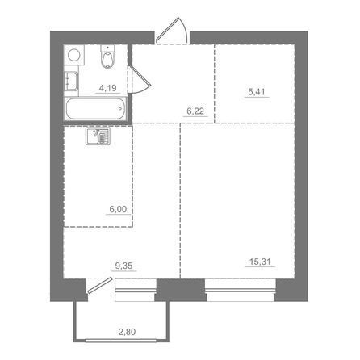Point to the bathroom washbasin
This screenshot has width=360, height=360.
[70, 82]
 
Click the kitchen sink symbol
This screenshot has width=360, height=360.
[100, 136]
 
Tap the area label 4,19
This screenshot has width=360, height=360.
[107, 90]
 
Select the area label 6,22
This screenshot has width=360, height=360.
[194, 114]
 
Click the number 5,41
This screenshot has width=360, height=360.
[255, 91]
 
